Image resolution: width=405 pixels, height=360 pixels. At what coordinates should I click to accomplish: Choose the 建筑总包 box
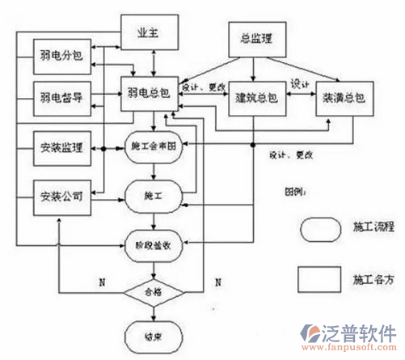[256, 98]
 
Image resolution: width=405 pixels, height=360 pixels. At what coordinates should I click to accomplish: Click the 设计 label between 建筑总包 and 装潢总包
[299, 84]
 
